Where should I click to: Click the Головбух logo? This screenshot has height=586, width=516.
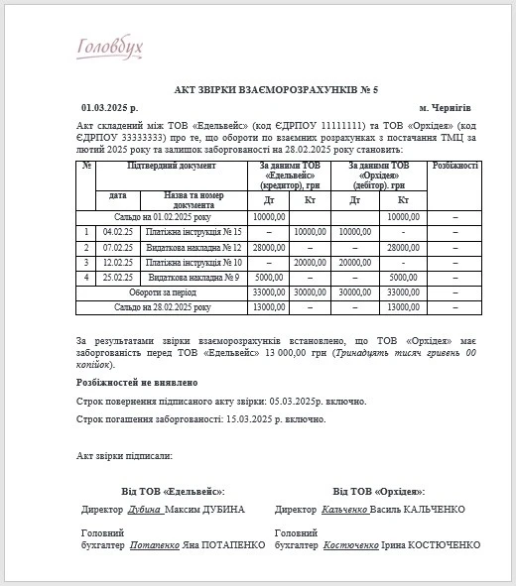click(110, 48)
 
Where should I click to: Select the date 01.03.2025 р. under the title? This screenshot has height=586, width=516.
click(109, 106)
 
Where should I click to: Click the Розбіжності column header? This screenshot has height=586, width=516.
click(455, 166)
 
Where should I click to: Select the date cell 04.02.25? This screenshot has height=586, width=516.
click(117, 231)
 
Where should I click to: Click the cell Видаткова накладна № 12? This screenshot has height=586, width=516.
click(193, 247)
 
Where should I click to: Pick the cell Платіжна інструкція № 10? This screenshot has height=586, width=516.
click(193, 262)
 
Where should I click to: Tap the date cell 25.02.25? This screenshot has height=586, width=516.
click(117, 277)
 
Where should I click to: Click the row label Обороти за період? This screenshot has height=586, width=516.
click(162, 293)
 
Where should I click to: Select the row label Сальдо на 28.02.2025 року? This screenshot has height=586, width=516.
click(162, 307)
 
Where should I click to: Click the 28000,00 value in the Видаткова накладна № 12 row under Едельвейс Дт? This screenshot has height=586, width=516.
click(269, 247)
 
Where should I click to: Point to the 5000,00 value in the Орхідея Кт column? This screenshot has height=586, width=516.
click(403, 277)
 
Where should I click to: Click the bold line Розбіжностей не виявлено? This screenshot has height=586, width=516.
click(137, 382)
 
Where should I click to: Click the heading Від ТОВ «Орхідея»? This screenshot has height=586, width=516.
click(378, 491)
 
